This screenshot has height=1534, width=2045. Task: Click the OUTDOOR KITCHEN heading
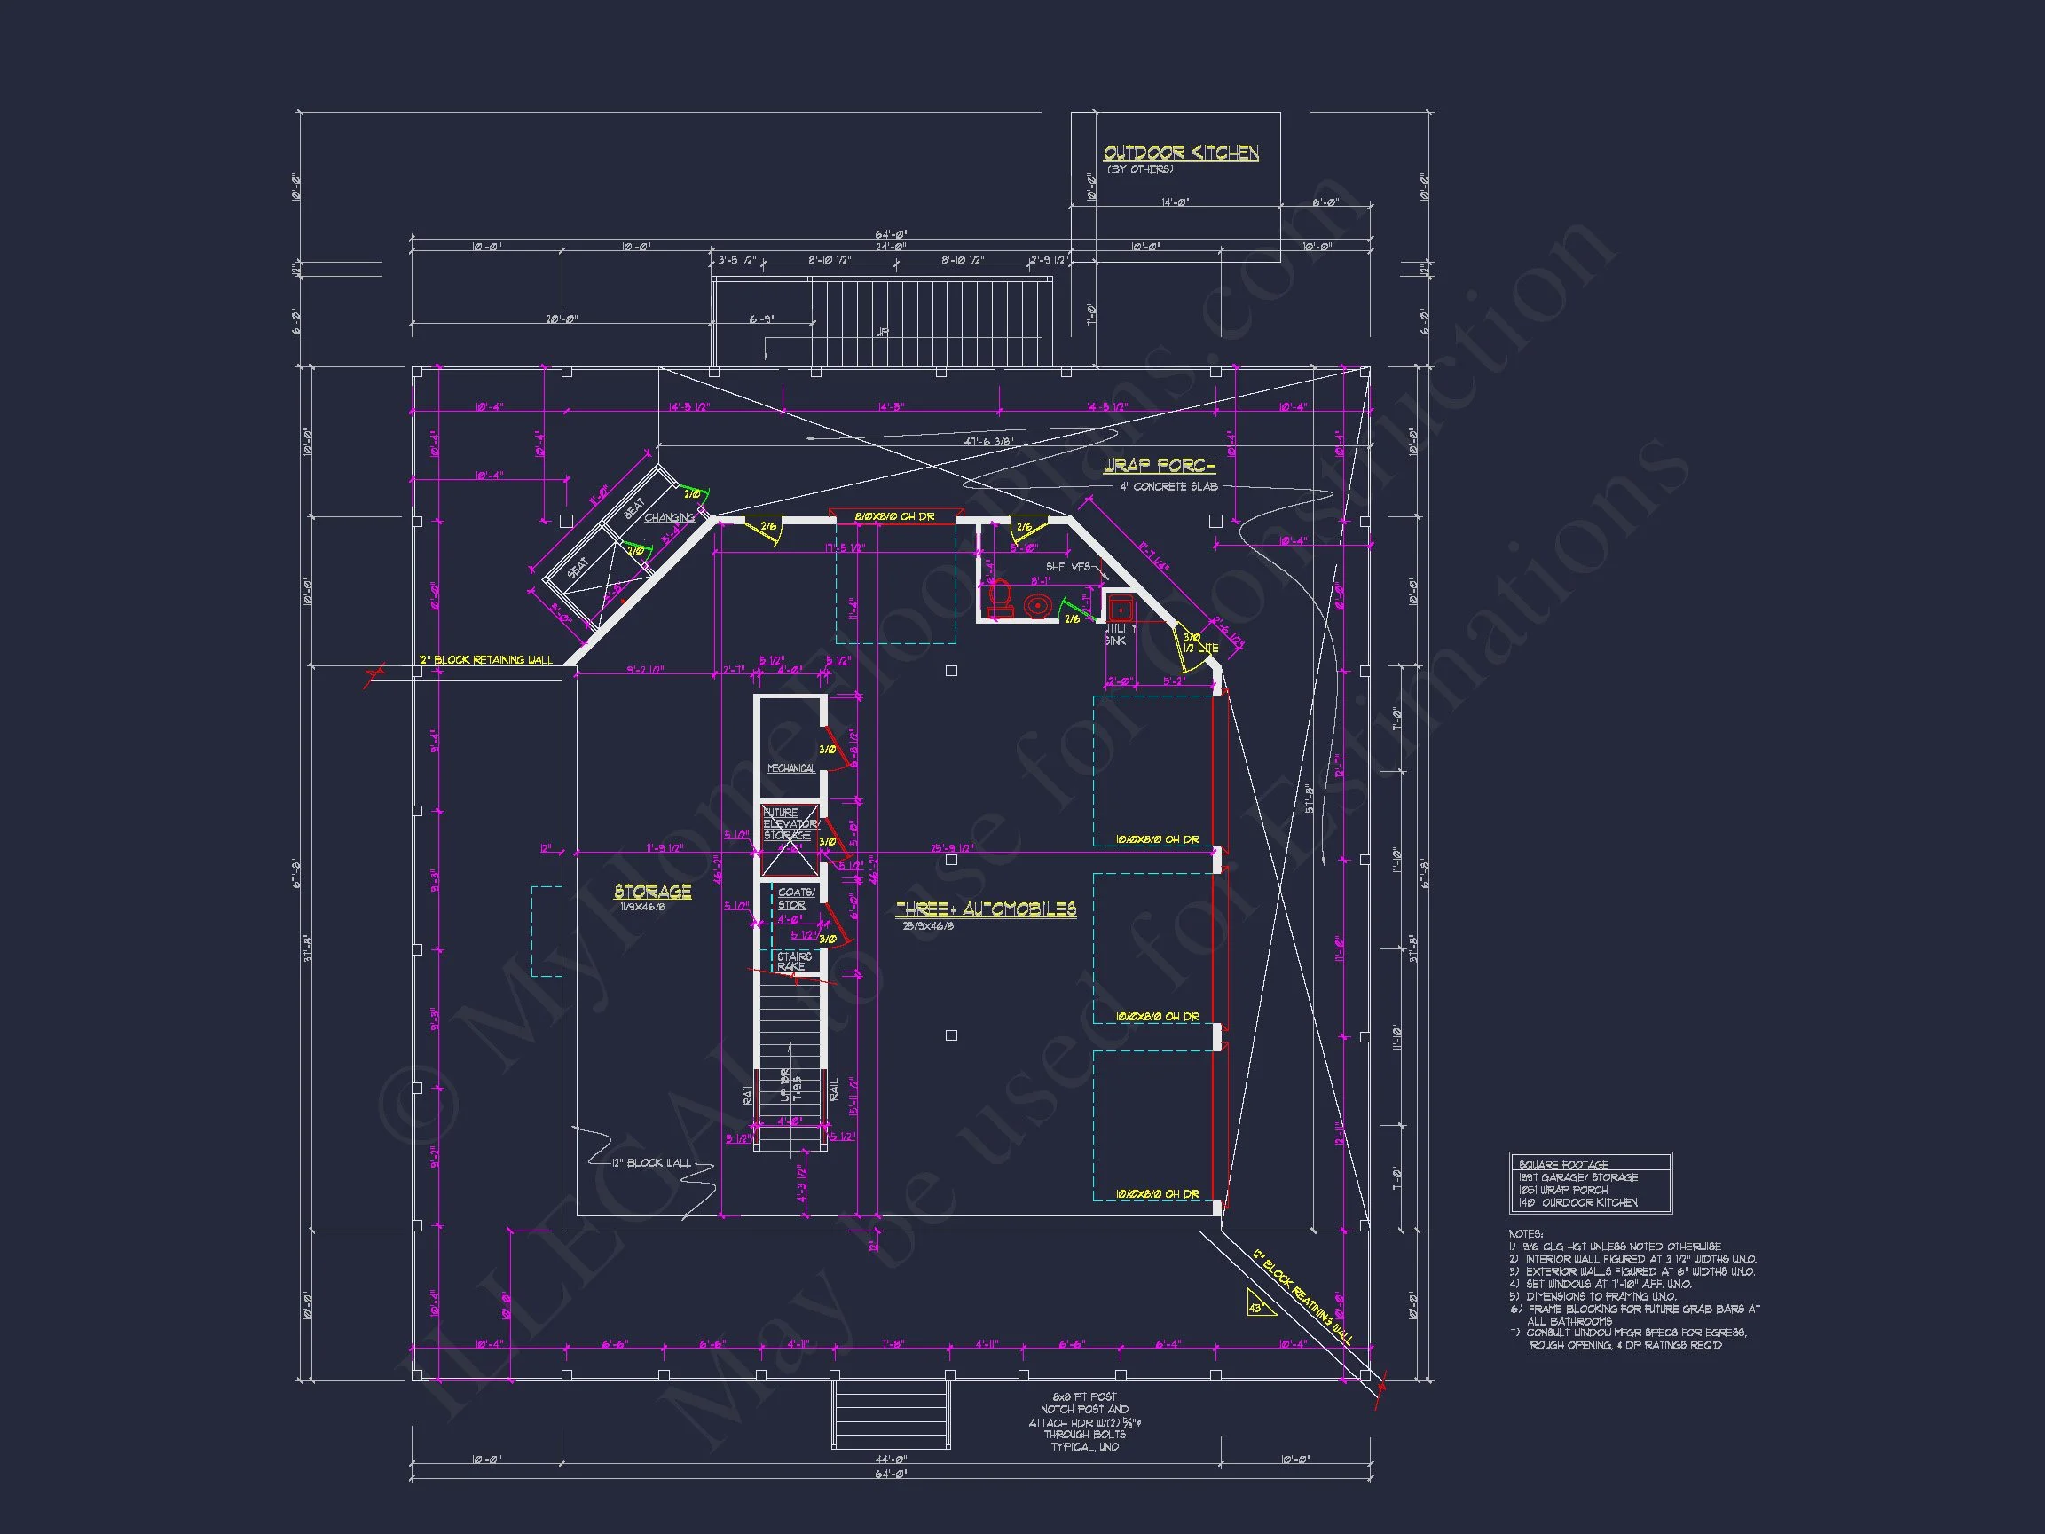(x=1181, y=153)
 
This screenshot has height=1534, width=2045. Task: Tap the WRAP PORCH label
(x=1159, y=465)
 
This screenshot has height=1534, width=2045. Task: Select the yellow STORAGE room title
(x=653, y=892)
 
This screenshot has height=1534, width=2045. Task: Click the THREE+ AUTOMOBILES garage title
(x=986, y=909)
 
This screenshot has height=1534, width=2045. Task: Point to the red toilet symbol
(x=998, y=599)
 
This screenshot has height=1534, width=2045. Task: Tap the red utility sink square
(x=1120, y=609)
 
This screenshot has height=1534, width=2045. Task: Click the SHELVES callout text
(x=1068, y=567)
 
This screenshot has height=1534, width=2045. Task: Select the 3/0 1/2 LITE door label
(x=1200, y=642)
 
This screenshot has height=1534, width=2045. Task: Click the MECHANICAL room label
(x=790, y=768)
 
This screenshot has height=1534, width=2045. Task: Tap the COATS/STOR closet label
(x=795, y=898)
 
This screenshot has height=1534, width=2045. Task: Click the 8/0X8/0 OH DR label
(x=894, y=516)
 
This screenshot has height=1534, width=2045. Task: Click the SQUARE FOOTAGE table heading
(x=1563, y=1164)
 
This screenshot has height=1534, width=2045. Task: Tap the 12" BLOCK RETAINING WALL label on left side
(x=485, y=659)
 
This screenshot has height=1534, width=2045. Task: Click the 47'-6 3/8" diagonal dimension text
(x=988, y=442)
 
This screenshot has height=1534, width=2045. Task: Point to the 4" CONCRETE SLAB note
(x=1168, y=486)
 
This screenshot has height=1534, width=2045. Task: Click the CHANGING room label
(x=668, y=518)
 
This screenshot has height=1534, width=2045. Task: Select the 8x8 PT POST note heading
(x=1084, y=1396)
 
